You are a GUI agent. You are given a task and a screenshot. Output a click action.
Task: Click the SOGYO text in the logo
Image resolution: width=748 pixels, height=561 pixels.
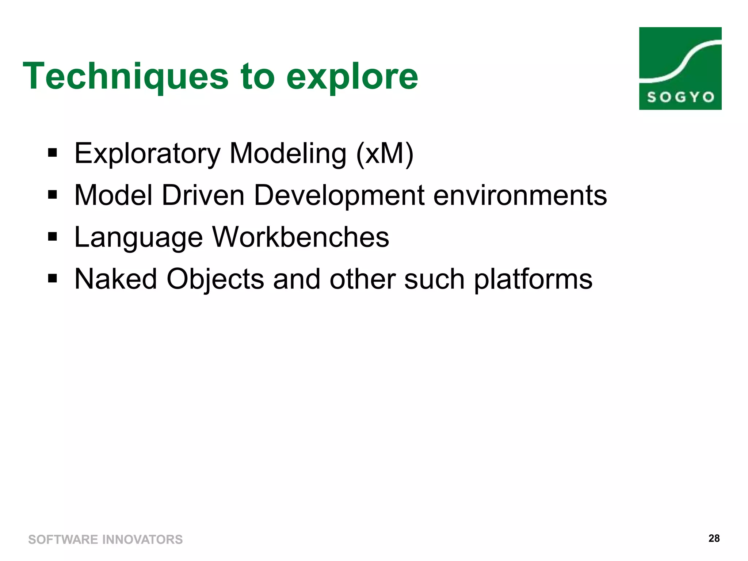[680, 97]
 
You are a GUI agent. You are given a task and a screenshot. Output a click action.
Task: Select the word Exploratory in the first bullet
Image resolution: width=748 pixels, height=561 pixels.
[147, 154]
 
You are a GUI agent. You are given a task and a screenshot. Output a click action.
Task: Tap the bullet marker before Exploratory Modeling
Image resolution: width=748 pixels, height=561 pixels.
[53, 153]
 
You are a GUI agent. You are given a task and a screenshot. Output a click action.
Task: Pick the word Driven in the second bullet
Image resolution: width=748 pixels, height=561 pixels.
[203, 195]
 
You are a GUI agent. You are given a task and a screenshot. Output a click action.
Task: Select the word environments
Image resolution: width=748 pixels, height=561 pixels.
[520, 195]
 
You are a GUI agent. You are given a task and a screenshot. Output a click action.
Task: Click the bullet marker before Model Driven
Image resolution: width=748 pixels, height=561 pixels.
[53, 195]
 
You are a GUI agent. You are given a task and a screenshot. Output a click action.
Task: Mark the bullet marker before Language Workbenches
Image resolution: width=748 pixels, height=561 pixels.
[53, 237]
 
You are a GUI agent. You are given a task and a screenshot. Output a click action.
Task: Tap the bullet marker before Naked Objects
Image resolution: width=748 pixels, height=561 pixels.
[53, 279]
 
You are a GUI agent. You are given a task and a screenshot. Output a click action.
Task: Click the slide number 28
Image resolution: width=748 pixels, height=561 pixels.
[714, 538]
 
